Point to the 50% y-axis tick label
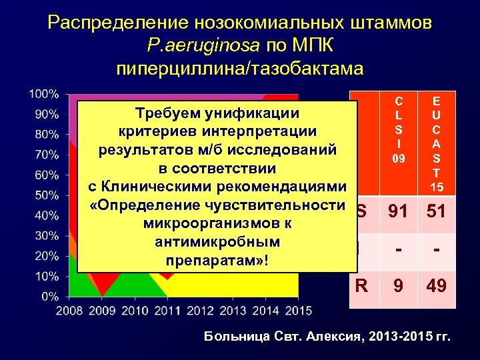[46, 195]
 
